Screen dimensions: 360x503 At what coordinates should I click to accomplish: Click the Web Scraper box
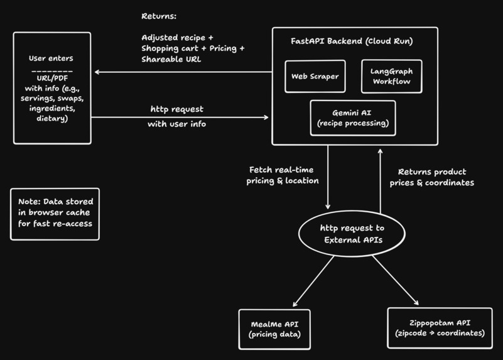pos(315,77)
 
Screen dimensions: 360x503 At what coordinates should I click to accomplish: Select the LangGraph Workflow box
pos(391,77)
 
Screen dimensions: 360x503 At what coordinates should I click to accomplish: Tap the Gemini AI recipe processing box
pos(353,118)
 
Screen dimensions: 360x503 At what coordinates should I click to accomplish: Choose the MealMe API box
pos(274,329)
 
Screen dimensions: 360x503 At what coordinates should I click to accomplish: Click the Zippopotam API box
pos(440,328)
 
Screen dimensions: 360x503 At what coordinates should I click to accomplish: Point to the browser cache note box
pos(55,213)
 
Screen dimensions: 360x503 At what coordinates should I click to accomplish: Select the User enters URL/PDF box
pos(51,89)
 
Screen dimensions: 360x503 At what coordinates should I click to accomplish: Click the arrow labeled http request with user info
pos(182,117)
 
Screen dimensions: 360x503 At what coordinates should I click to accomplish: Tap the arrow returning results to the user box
pos(182,72)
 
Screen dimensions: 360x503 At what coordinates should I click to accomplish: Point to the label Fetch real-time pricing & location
pos(284,175)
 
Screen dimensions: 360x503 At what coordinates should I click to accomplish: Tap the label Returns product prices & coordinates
pos(436,177)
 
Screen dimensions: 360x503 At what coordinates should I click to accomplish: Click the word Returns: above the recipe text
pos(159,16)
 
